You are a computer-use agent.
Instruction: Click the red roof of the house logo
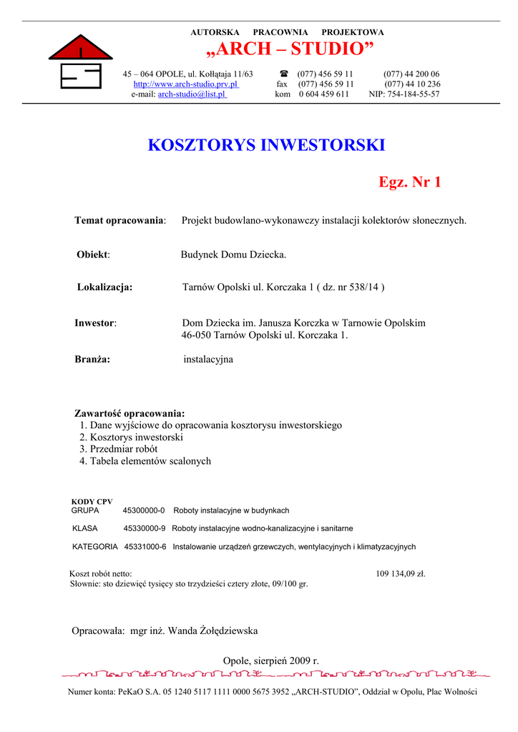(x=80, y=49)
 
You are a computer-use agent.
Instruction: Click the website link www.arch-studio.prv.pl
(x=186, y=84)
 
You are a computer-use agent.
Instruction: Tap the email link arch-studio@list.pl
(x=192, y=94)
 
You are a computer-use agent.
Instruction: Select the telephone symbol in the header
(x=283, y=74)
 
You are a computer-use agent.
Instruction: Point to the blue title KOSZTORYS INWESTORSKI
(x=266, y=145)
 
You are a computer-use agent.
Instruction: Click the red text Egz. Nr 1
(x=410, y=182)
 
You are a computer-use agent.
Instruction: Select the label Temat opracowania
(x=119, y=220)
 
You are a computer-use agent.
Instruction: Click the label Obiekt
(x=93, y=254)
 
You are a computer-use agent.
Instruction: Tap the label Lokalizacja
(x=104, y=287)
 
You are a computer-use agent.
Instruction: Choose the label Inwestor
(x=95, y=323)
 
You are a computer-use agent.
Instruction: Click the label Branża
(x=92, y=360)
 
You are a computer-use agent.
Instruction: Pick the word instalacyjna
(x=208, y=360)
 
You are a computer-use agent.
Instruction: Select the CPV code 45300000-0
(x=144, y=510)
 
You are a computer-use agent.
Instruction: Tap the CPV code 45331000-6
(x=145, y=546)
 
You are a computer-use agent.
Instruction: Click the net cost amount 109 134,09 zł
(x=401, y=573)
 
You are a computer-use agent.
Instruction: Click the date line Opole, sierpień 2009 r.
(x=271, y=661)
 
